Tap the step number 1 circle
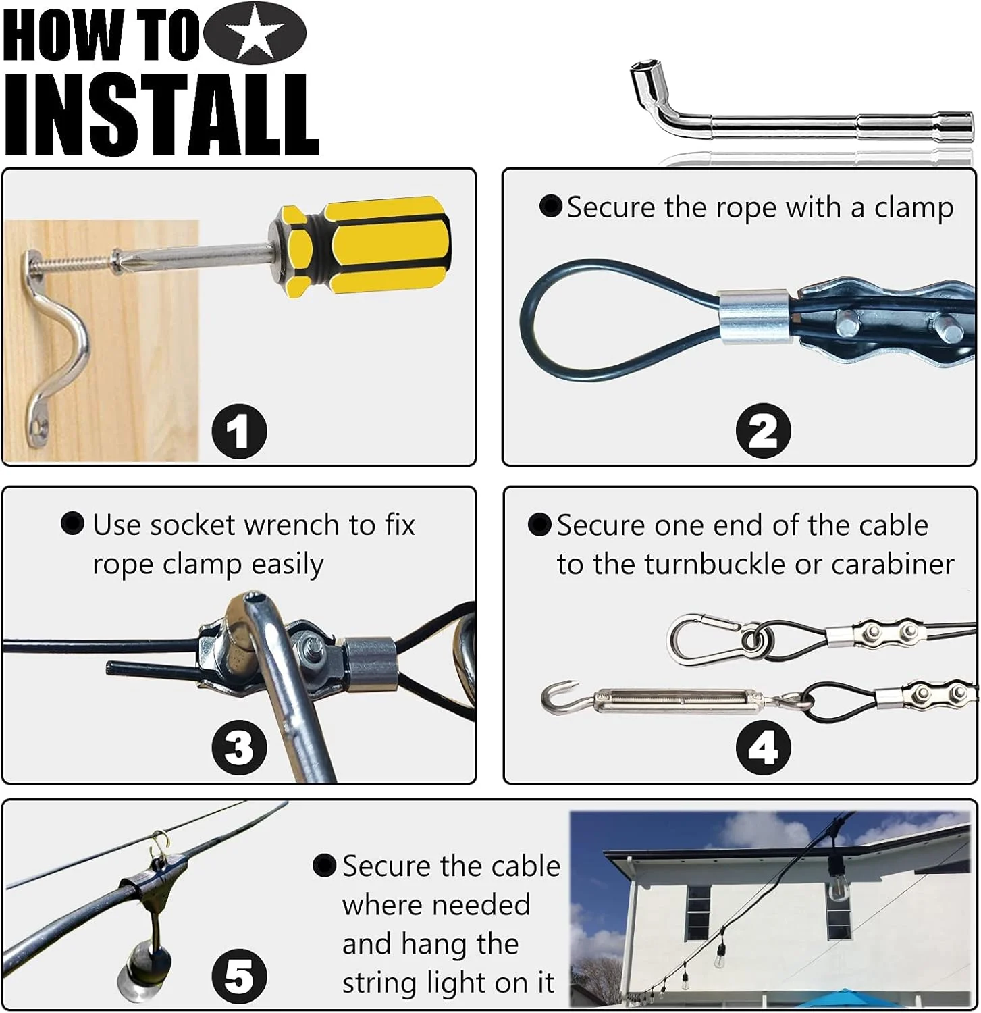point(239,432)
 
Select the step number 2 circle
point(763,431)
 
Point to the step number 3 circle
point(239,748)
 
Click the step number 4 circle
point(763,748)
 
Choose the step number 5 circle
point(239,977)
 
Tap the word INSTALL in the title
point(161,115)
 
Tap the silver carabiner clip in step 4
point(714,637)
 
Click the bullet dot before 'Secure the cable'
point(325,866)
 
